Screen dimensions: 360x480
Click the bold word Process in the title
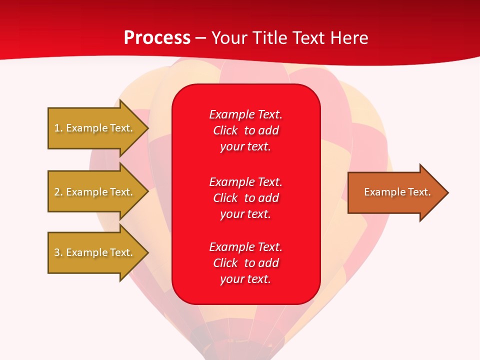point(157,38)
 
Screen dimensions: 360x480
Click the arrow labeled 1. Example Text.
point(94,128)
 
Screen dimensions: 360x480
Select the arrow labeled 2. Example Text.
point(94,192)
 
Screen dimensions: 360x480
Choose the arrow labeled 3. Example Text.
point(94,252)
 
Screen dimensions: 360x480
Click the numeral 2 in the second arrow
point(57,192)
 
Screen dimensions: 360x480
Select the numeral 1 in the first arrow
point(57,128)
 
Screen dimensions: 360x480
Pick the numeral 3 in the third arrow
point(57,252)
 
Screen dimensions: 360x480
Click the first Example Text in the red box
point(245,114)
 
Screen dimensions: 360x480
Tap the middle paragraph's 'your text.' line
point(245,214)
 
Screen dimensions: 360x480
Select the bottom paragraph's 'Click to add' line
point(245,263)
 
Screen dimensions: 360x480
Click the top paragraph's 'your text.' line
point(245,146)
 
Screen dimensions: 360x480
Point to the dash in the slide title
point(200,38)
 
